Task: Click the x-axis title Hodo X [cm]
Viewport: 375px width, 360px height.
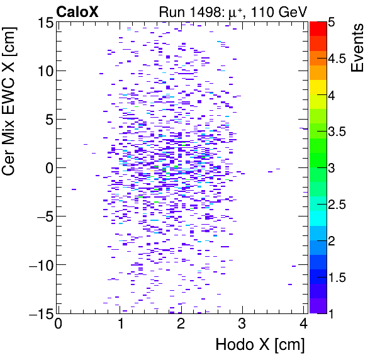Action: (260, 345)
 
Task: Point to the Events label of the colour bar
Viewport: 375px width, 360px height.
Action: (357, 48)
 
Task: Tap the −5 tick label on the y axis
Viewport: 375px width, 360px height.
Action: (40, 217)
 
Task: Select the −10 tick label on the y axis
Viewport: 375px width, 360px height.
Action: (36, 265)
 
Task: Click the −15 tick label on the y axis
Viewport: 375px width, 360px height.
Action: (36, 313)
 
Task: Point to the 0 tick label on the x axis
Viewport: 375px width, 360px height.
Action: (58, 325)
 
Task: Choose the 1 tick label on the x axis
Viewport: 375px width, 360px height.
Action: (120, 325)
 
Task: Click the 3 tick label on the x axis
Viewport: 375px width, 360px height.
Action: (242, 325)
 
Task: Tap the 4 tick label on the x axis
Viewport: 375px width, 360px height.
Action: (303, 325)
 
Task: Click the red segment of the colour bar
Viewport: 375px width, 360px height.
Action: (318, 27)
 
